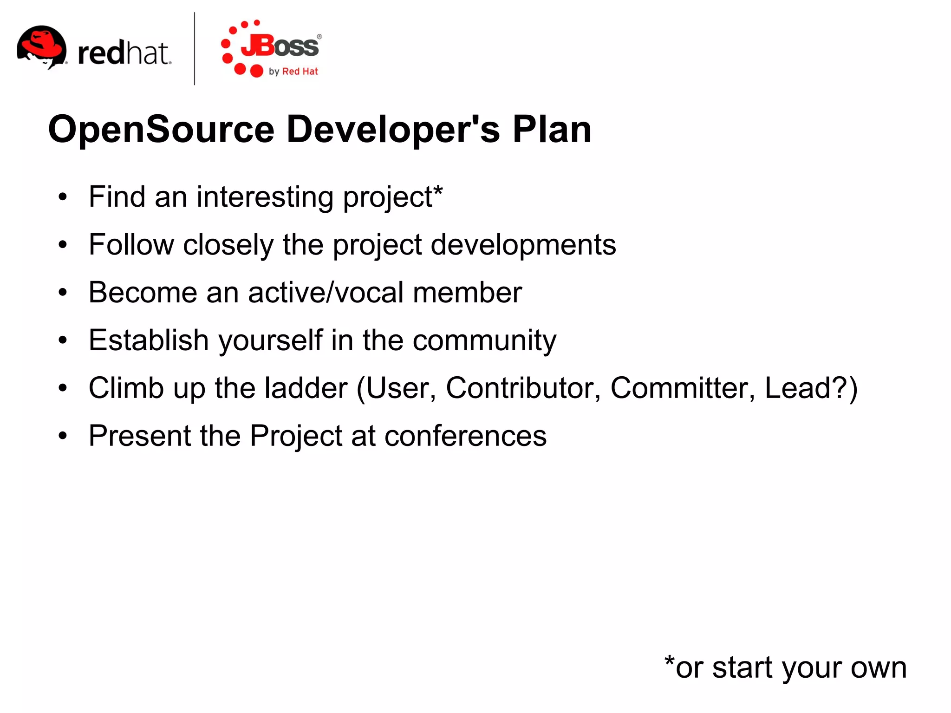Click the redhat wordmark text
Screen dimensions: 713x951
pyautogui.click(x=124, y=53)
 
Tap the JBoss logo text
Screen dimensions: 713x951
pyautogui.click(x=280, y=46)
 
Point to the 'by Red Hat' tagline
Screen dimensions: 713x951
pyautogui.click(x=293, y=72)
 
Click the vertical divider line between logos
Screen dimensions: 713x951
pyautogui.click(x=194, y=49)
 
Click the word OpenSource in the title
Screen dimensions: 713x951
pyautogui.click(x=161, y=130)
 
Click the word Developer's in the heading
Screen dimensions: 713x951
pyautogui.click(x=393, y=130)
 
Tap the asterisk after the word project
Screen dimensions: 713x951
pyautogui.click(x=438, y=190)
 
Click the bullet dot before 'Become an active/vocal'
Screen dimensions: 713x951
pyautogui.click(x=63, y=293)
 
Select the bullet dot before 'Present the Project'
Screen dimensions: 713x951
pyautogui.click(x=63, y=436)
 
